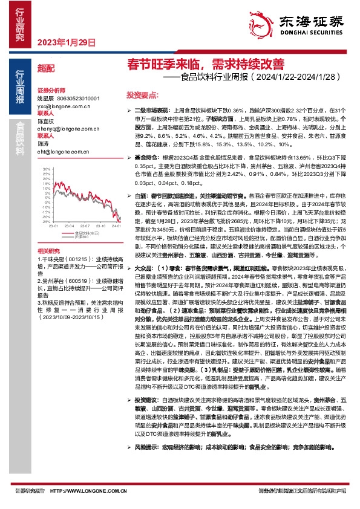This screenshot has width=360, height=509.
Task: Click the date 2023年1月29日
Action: click(x=67, y=43)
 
